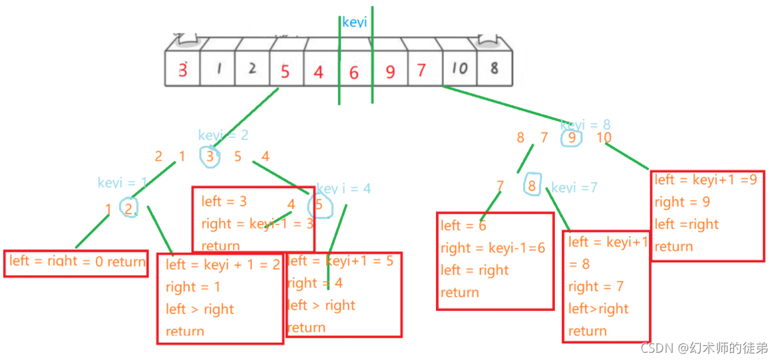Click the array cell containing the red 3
182,69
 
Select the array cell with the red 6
354,71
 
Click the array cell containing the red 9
390,71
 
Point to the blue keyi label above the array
354,22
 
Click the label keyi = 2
223,135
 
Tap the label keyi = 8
585,124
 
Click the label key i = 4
343,188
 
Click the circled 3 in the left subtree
210,156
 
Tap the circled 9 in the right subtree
571,138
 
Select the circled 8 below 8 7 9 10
532,185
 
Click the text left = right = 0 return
77,262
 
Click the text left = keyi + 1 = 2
223,265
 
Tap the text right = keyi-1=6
492,248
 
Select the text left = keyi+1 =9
705,180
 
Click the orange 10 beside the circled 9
604,138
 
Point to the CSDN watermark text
704,347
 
